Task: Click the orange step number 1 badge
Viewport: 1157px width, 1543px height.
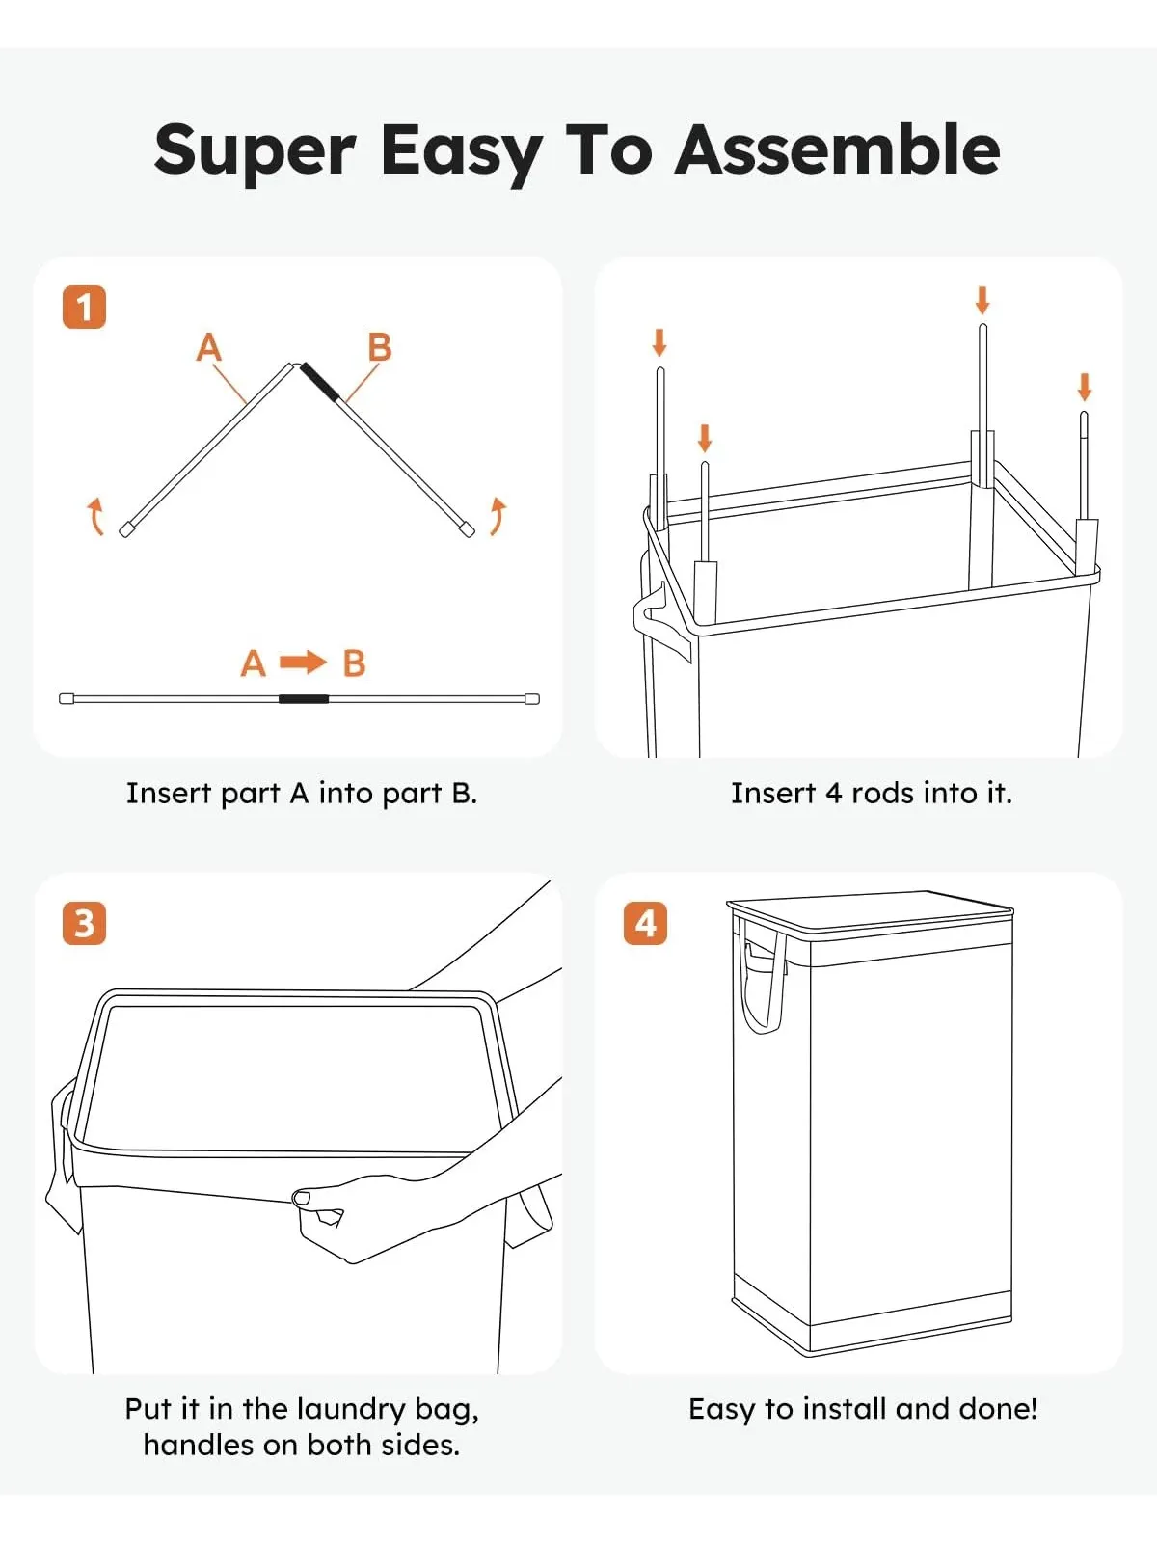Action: point(84,308)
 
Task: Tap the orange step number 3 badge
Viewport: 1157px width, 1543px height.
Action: point(84,923)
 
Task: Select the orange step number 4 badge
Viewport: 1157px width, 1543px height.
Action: point(645,923)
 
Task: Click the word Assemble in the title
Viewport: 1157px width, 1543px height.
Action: point(837,149)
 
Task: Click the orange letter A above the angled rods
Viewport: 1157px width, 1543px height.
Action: point(208,346)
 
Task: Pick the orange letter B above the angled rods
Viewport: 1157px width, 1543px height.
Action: point(379,346)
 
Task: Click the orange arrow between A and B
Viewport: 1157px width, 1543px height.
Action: point(303,662)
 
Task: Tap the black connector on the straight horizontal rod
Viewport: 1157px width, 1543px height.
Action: point(304,699)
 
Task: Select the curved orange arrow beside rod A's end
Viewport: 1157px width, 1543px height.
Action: point(95,516)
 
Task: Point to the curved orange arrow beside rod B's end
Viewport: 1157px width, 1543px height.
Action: point(498,516)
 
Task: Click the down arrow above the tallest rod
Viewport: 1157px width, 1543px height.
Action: point(982,301)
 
